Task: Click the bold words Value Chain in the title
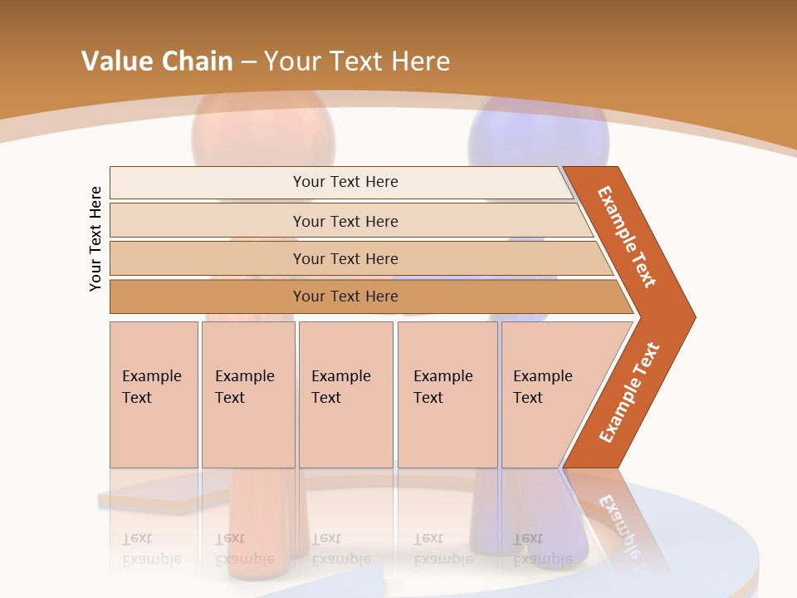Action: click(x=157, y=61)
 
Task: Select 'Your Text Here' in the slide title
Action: click(x=357, y=61)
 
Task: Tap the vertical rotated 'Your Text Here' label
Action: click(x=95, y=238)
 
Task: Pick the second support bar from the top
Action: click(x=345, y=221)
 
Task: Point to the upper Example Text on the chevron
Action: click(x=627, y=237)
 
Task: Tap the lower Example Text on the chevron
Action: click(x=628, y=393)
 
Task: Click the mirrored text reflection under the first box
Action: click(x=151, y=549)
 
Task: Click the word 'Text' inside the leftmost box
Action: click(x=137, y=398)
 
